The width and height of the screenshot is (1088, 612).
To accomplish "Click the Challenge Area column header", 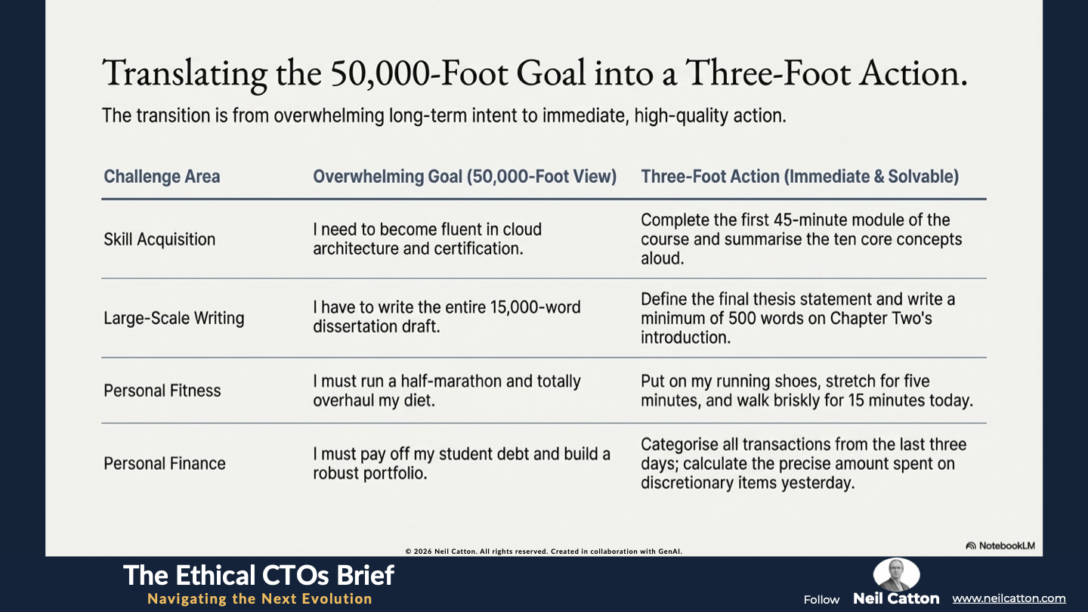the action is [x=162, y=176].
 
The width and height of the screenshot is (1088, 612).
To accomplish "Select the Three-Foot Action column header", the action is [x=800, y=176].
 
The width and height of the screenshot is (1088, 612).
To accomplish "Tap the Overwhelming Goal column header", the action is [x=465, y=176].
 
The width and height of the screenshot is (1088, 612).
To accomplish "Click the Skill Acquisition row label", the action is [x=159, y=240].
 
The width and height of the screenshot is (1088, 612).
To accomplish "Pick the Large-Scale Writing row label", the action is [x=174, y=318].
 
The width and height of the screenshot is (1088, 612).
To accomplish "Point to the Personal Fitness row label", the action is [x=162, y=391].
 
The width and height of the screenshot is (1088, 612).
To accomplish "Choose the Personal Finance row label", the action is [x=165, y=463].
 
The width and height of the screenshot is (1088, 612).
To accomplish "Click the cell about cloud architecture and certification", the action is [x=428, y=239].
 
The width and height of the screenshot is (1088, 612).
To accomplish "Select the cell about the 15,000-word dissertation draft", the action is [x=447, y=317].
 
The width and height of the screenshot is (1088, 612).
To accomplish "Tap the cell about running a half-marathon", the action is [x=447, y=391].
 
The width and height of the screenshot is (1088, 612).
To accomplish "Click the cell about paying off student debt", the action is [x=462, y=463].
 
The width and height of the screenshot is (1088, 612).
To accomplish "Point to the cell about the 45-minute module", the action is [x=802, y=239].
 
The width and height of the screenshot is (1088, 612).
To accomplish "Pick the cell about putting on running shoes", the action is [x=807, y=391].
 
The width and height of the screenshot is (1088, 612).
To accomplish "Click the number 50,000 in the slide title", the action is [x=380, y=73].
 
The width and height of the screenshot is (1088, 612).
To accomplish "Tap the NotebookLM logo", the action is [x=1000, y=546].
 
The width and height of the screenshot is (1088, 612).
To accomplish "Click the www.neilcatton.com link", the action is [x=1009, y=598].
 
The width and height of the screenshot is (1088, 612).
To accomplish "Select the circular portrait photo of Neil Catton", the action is [x=896, y=574].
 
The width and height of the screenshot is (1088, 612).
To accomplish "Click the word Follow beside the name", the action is [x=821, y=600].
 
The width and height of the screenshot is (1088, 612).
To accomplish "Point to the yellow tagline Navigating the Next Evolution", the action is [x=260, y=598].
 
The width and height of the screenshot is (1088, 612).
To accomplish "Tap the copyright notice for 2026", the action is [x=543, y=552].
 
